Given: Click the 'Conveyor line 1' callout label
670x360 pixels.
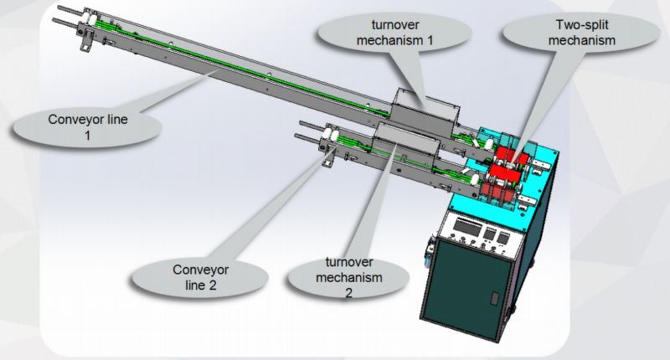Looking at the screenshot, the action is coord(88,127).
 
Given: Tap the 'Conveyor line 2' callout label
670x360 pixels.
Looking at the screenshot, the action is coord(200,277).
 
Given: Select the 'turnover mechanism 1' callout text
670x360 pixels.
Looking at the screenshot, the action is coord(394,33).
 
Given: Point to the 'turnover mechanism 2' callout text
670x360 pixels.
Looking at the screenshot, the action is coord(348,277).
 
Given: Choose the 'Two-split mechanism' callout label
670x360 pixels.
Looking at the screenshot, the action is coord(581,33).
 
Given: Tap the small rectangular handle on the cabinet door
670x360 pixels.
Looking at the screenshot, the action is coord(494,298).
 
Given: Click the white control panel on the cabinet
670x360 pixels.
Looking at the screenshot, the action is coord(482,232).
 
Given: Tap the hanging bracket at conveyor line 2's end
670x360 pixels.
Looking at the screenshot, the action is coord(327,157).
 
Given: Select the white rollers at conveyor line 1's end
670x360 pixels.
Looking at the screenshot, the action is coord(89,19).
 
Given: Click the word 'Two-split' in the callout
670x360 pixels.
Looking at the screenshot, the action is coord(581,25).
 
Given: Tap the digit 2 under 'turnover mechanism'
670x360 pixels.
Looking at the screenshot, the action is coord(348,293).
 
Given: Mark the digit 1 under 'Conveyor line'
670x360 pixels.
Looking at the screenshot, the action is coord(88,136).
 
